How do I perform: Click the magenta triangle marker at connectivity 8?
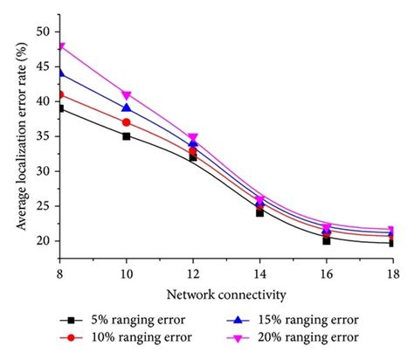(60, 46)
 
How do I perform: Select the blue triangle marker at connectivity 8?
(60, 73)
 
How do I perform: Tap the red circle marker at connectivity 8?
(60, 94)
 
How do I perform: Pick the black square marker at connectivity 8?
(60, 108)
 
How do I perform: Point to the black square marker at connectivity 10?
(127, 136)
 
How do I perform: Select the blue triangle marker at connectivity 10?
(127, 107)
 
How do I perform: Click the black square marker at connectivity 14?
(260, 212)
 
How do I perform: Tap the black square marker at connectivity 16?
(327, 240)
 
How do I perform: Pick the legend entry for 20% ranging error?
(301, 338)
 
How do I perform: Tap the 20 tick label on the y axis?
(44, 241)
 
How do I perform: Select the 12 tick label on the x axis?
(193, 273)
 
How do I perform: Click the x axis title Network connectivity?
(226, 294)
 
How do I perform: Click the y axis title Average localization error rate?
(20, 140)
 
